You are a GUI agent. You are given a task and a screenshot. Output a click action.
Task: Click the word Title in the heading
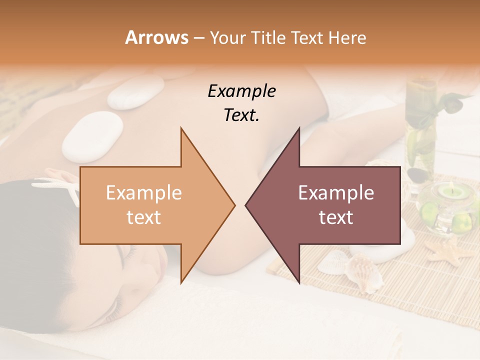click(x=266, y=37)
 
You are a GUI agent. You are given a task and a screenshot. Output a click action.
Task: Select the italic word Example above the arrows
click(x=241, y=91)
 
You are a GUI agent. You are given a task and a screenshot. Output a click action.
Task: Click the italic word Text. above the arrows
click(x=241, y=115)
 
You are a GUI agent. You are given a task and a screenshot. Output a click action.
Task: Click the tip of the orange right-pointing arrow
click(x=234, y=205)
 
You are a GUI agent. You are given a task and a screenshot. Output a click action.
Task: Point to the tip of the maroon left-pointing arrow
click(x=246, y=205)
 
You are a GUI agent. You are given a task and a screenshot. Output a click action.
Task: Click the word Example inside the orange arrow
click(x=144, y=193)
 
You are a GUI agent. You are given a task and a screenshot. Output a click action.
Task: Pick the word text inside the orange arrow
click(x=144, y=217)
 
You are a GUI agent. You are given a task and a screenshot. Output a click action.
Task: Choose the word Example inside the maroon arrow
click(x=336, y=193)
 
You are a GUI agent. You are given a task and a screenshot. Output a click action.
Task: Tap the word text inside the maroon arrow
click(x=336, y=217)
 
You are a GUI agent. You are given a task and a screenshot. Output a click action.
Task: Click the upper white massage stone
click(x=135, y=92)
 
